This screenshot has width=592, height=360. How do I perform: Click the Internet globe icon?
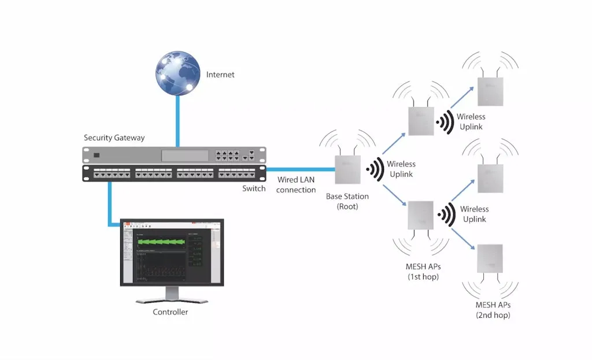pos(177,73)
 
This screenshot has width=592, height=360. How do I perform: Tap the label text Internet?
pos(220,75)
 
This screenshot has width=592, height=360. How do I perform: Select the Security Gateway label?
pos(114,138)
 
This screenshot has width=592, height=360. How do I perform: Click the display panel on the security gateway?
pos(184,155)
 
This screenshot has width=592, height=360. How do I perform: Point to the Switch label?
pos(254,188)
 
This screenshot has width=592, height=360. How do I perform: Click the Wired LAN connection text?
pos(296,185)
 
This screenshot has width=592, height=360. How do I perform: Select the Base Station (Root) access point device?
pos(347,169)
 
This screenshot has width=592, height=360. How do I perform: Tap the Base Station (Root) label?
pos(347,201)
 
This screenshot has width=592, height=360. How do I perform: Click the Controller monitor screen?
pos(172,253)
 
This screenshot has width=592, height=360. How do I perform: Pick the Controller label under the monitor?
pos(170,312)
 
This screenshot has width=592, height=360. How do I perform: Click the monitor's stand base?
pos(171,300)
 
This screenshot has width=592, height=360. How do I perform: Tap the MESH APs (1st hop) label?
pos(423,272)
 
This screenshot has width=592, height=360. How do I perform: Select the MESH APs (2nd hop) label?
pos(493,310)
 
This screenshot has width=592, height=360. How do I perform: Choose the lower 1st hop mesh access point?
pos(421,215)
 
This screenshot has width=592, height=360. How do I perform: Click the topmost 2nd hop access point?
pos(490,91)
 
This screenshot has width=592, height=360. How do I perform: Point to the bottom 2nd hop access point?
pos(490,258)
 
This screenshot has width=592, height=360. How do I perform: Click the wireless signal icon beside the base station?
pos(375,169)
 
